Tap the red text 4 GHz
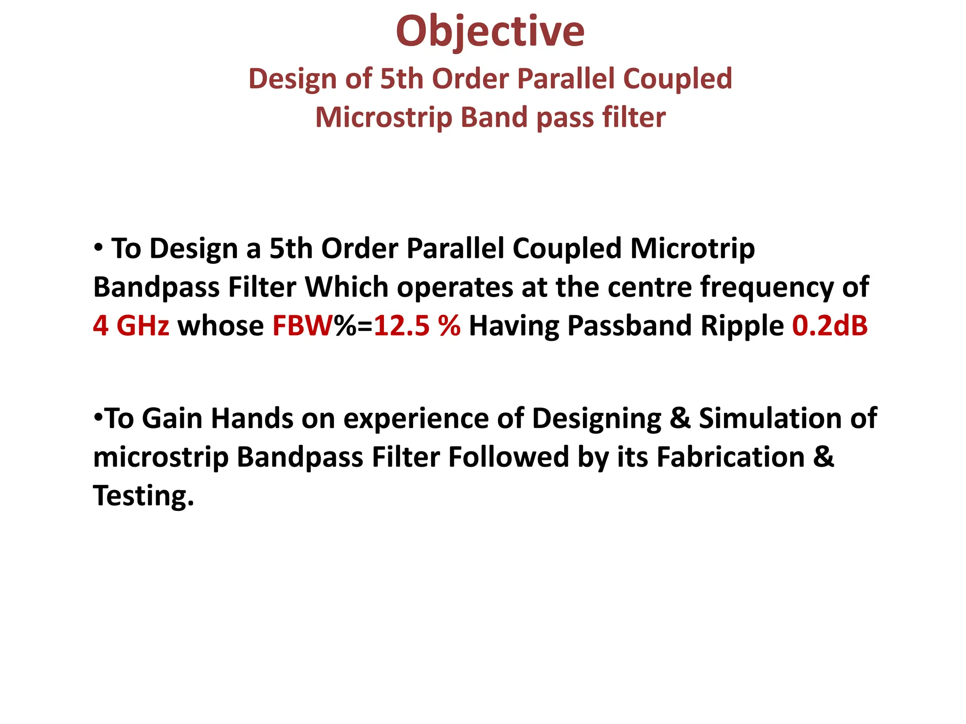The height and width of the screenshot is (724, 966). pos(131,326)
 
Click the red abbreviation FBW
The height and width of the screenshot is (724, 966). pos(302,326)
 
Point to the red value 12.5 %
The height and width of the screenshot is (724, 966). pos(417,326)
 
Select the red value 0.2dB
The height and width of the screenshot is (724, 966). pos(830,326)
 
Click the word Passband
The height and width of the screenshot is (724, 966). pos(630,326)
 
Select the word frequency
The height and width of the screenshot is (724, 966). pos(767,287)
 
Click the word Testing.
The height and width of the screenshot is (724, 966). pos(143,496)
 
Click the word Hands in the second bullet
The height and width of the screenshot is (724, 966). pos(252,419)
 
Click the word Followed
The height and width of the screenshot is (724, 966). pos(508,457)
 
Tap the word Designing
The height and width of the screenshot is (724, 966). pos(596,419)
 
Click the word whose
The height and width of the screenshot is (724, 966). pos(220,326)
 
